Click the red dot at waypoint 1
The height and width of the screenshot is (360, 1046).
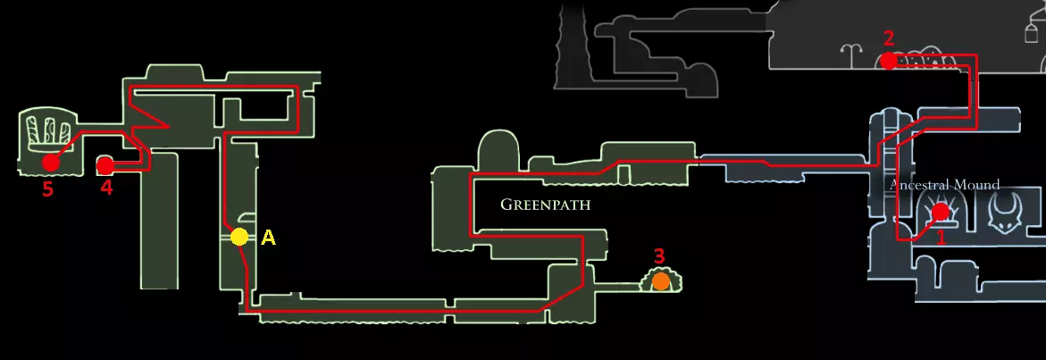(x=940, y=212)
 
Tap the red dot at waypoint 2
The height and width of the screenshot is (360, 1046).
(x=888, y=61)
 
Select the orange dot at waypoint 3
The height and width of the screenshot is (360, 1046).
(x=660, y=281)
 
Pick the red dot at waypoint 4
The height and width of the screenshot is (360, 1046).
(x=105, y=165)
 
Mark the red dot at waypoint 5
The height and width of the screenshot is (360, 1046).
(x=50, y=163)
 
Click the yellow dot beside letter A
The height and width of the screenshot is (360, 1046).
(x=238, y=237)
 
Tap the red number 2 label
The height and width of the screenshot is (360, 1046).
(x=888, y=38)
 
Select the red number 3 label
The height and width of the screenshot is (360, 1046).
(x=659, y=256)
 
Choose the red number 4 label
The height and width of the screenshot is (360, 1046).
(x=106, y=188)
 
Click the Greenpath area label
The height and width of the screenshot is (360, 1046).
(x=545, y=205)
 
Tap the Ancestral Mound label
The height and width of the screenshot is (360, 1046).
(x=944, y=185)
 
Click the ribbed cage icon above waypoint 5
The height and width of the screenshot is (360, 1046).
(x=45, y=131)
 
